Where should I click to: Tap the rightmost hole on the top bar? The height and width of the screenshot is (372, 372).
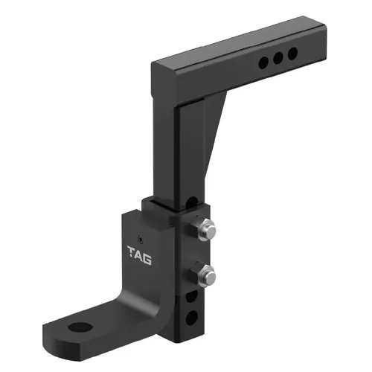292,54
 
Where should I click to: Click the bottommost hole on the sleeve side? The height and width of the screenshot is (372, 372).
192,316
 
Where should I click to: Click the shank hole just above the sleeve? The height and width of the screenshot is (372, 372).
192,202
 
